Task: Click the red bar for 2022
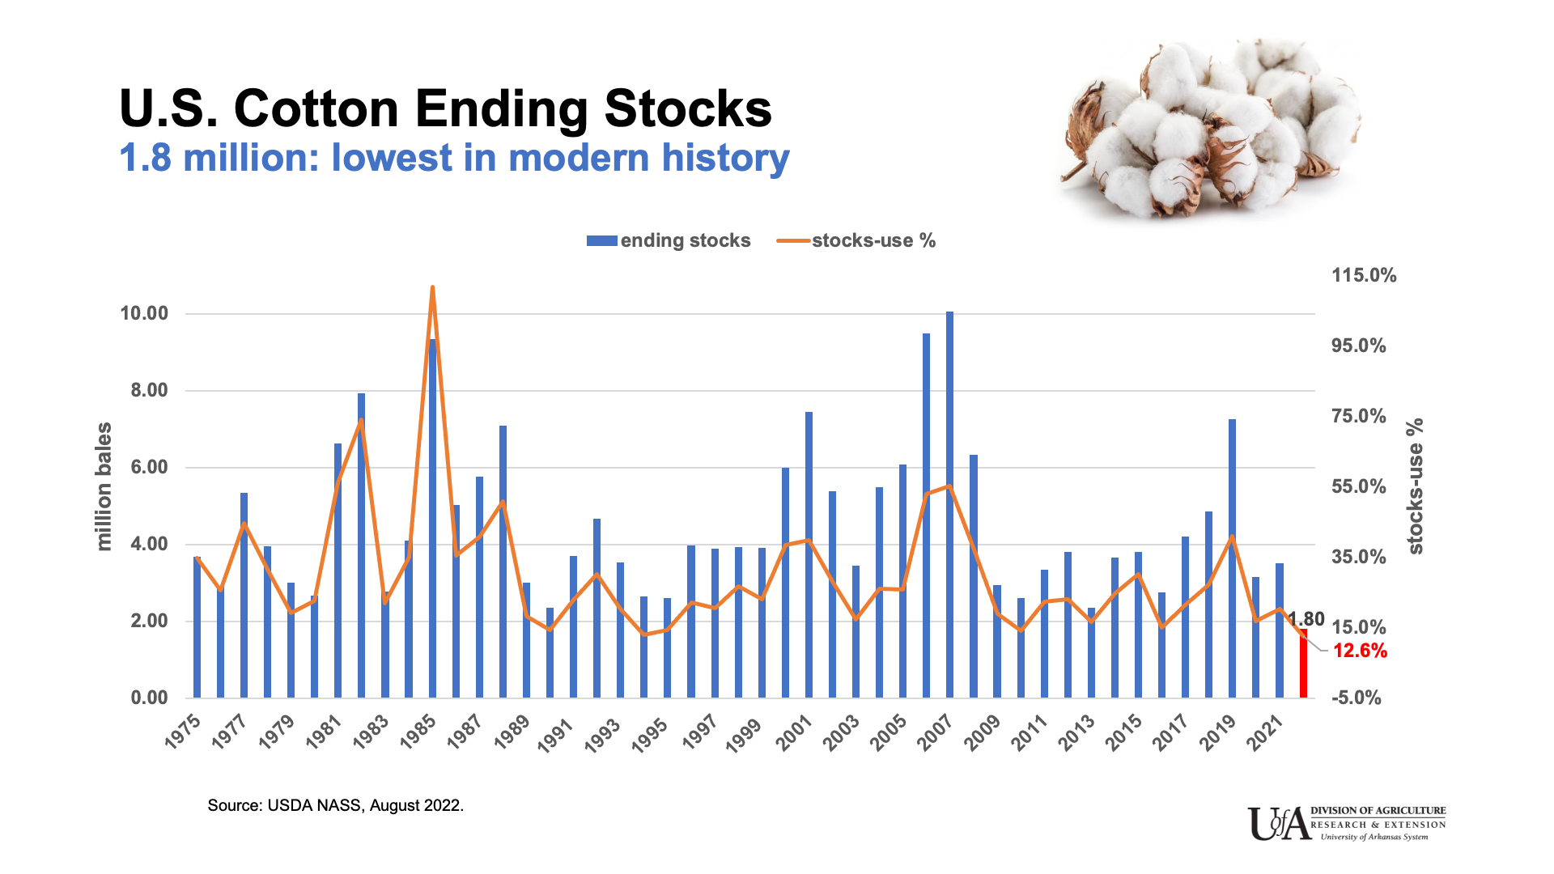click(x=1303, y=664)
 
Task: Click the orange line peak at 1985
click(x=432, y=287)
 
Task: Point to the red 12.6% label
click(x=1360, y=651)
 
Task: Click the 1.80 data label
click(x=1307, y=619)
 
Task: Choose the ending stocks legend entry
click(x=669, y=240)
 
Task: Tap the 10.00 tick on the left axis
click(x=144, y=313)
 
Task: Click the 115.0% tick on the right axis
click(x=1364, y=275)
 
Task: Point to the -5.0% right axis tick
click(x=1356, y=698)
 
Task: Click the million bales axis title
click(x=104, y=487)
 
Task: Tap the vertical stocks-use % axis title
click(x=1415, y=486)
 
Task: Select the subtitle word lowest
click(x=392, y=157)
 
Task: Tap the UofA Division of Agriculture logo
click(x=1346, y=823)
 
